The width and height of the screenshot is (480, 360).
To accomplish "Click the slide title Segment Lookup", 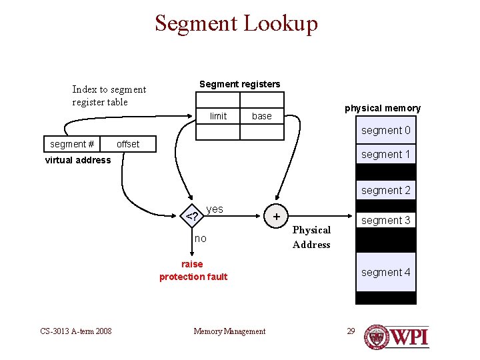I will [236, 23].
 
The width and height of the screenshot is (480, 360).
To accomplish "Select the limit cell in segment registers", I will [218, 116].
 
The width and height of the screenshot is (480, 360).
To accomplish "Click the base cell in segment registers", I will [261, 116].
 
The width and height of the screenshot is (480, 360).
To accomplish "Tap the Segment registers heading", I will [239, 84].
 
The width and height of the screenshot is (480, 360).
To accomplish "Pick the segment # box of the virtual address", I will [72, 144].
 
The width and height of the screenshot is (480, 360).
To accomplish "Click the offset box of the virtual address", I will [128, 144].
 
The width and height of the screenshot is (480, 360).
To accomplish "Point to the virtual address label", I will [78, 160].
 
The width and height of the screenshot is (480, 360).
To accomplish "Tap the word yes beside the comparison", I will [215, 209].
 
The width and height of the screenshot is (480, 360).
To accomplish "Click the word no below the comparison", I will [200, 238].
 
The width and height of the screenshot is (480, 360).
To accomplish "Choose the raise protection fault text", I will [193, 271].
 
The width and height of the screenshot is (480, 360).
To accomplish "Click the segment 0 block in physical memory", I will [385, 131].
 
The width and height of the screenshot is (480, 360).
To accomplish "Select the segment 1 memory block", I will [385, 154].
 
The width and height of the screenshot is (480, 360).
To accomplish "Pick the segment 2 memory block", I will [385, 190].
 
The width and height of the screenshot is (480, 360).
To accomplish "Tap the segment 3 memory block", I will [385, 220].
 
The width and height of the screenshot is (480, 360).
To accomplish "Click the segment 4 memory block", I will [385, 272].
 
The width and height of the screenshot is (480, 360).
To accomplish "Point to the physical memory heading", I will [383, 108].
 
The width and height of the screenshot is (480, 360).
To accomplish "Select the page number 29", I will [351, 331].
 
